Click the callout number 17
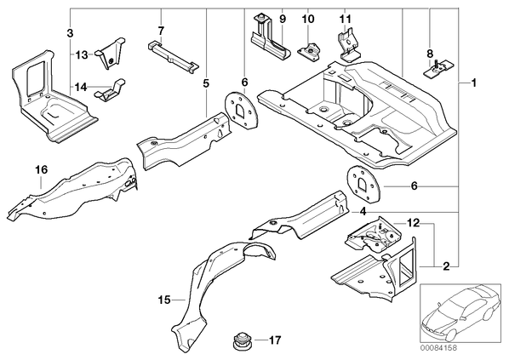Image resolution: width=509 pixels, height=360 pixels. coord(274,340)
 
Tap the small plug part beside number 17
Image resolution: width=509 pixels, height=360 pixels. coord(241,341)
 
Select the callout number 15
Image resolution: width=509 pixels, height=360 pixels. coord(164,300)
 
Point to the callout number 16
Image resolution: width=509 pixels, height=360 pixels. coord(42,169)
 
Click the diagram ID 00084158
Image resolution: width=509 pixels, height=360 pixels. coord(438,348)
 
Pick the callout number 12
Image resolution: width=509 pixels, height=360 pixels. coord(413,223)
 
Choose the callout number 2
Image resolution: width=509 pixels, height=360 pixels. coord(447,266)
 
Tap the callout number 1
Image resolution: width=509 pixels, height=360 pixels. coord(473,83)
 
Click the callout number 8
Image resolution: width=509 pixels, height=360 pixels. coord(430,54)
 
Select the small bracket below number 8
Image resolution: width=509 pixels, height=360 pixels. coord(438,68)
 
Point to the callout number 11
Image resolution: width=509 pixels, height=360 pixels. coord(346,19)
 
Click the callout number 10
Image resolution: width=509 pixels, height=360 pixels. coord(308,19)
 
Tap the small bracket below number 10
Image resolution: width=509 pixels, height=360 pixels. coord(310,51)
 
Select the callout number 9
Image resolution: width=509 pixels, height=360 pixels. coord(282,19)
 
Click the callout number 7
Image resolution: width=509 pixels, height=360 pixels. coord(161,31)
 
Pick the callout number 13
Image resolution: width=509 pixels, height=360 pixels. coord(82,54)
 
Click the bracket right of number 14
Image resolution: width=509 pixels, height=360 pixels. coord(110,90)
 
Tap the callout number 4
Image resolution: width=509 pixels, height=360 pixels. coord(363,212)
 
